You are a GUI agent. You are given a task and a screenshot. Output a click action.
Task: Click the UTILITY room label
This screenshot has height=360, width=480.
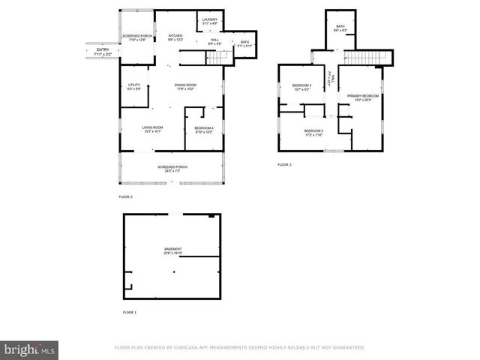coord(134,87)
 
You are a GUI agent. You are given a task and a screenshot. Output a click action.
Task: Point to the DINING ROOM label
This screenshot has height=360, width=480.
coord(185,87)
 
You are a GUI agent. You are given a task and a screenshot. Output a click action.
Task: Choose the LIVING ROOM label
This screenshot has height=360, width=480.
coord(153,129)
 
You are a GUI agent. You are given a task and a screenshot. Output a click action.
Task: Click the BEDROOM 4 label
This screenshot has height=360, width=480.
coord(205,130)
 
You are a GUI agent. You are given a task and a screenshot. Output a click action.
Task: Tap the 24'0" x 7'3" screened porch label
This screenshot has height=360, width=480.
coord(172,169)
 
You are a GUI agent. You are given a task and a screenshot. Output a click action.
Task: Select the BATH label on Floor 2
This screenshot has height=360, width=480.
coord(244,44)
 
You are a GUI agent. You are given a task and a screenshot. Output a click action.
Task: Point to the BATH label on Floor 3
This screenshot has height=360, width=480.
coord(340,28)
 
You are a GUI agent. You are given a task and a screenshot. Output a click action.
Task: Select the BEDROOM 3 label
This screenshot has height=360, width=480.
coord(301,88)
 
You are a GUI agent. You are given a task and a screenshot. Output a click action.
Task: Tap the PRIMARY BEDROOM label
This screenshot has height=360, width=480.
coord(362,97)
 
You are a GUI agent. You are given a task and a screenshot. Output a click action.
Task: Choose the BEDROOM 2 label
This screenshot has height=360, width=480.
coord(313,133)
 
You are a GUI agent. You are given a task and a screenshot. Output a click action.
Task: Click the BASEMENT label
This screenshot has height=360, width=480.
coord(173,250)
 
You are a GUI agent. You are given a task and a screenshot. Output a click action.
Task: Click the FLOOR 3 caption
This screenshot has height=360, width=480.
coord(284,164)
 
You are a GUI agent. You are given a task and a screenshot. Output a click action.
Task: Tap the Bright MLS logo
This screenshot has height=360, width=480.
coord(30,349)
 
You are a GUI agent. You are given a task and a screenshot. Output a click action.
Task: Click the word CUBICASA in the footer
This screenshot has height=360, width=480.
coord(190,348)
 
